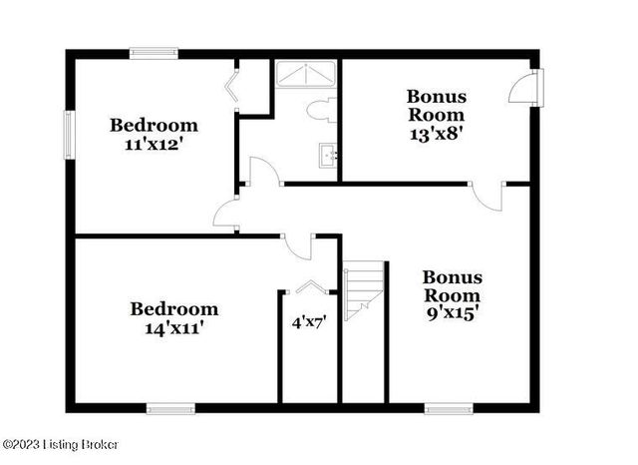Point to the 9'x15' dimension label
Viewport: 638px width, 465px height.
(x=453, y=313)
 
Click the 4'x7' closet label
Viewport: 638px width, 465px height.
(x=308, y=322)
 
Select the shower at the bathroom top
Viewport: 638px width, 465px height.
(x=306, y=75)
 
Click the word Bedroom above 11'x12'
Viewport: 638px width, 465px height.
(x=154, y=125)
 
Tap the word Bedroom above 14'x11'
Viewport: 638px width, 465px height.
(x=174, y=307)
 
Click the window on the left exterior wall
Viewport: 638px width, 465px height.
(x=70, y=135)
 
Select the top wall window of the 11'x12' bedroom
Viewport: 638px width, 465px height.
(x=154, y=53)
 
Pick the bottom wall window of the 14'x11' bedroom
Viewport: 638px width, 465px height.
(x=170, y=407)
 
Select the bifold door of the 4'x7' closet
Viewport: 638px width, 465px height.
(x=310, y=288)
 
